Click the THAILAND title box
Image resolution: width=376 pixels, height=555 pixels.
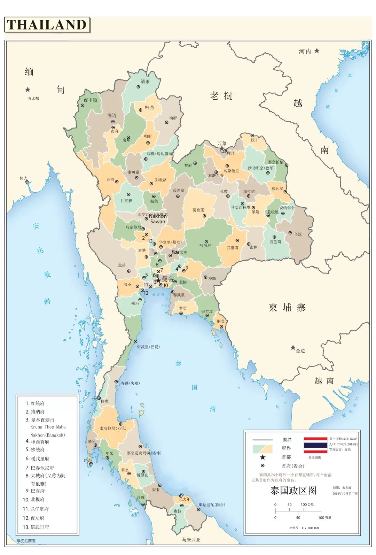click(x=47, y=25)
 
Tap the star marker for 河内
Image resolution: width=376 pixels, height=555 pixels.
click(x=317, y=51)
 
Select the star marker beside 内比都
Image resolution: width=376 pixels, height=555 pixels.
click(x=28, y=90)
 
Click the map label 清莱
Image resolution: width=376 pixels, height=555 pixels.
click(x=145, y=82)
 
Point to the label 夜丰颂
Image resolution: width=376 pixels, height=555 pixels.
click(x=90, y=100)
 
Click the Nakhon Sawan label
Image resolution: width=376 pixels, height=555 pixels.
click(x=158, y=218)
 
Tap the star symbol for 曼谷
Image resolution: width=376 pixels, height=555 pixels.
click(x=158, y=280)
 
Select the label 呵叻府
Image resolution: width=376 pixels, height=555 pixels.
click(x=205, y=246)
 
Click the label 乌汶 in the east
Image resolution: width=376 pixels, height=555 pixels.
click(x=298, y=234)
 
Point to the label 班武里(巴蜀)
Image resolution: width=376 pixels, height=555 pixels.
click(x=148, y=347)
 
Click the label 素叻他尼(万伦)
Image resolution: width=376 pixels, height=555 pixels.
click(x=113, y=428)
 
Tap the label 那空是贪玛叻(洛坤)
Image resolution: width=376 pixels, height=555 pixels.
click(x=144, y=453)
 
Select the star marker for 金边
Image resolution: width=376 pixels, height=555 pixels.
click(x=293, y=347)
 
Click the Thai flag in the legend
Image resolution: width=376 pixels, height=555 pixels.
click(x=315, y=445)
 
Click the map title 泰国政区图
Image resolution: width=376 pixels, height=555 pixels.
click(x=293, y=491)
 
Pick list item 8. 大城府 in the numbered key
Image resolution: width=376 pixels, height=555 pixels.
click(x=45, y=476)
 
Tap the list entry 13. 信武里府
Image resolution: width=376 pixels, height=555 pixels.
click(x=36, y=527)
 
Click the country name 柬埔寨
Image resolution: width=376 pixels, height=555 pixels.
click(x=287, y=307)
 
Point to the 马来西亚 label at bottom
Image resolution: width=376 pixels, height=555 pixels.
click(x=191, y=540)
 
